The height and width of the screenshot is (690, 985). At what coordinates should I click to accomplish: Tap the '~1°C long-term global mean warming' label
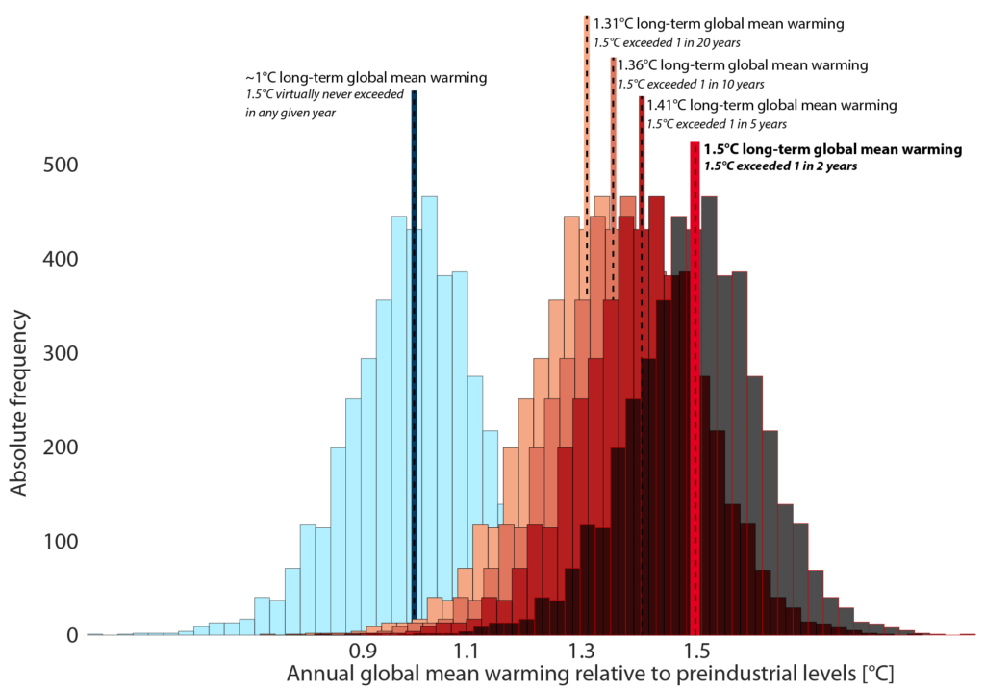pyautogui.click(x=366, y=77)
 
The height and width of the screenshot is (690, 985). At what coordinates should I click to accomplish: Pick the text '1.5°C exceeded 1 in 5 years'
pyautogui.click(x=717, y=124)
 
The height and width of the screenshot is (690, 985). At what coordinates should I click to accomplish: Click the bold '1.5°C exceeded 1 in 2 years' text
pyautogui.click(x=780, y=166)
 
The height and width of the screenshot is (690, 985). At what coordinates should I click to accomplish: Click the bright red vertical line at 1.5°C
pyautogui.click(x=695, y=385)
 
